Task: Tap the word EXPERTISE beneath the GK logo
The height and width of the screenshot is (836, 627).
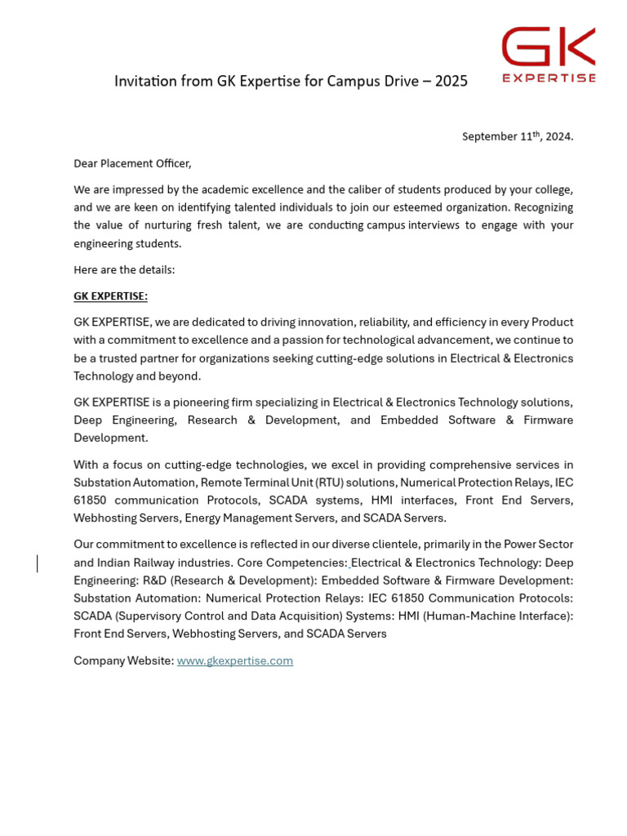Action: (549, 78)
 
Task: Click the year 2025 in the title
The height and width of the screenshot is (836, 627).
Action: (451, 82)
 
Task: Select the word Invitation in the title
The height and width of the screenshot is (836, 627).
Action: (144, 82)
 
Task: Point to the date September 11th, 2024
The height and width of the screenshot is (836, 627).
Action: (518, 136)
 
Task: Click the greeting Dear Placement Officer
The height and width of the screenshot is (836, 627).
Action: (132, 163)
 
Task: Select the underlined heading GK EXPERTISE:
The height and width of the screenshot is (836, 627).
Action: (110, 296)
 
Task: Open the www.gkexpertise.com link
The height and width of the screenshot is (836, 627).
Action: (234, 660)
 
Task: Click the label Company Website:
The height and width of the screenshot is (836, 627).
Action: (123, 660)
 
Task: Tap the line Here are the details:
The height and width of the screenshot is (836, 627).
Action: (124, 270)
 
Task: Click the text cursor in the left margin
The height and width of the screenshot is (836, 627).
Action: (37, 563)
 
